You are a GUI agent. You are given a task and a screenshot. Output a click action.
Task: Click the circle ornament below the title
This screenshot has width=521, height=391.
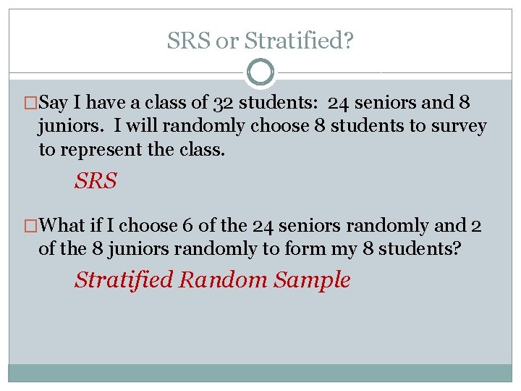pos(260,72)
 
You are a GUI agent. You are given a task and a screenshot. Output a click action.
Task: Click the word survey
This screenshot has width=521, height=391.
pos(458,126)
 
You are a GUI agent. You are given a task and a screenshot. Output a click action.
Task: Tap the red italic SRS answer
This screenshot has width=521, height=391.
pos(95,181)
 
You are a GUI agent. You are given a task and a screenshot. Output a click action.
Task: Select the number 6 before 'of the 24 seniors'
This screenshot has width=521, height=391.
pos(187,225)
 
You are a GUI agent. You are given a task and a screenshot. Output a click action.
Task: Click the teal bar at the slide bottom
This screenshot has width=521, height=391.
pos(260,372)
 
